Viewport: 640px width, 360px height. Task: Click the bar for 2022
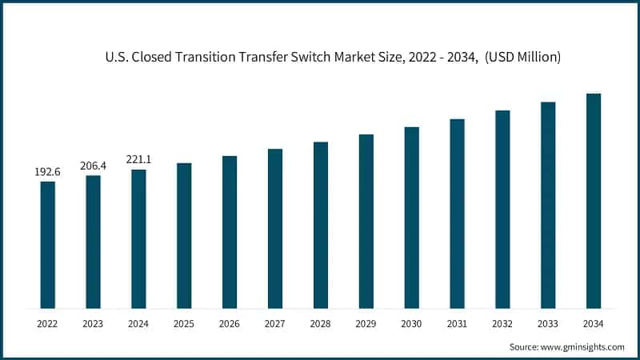[48, 245]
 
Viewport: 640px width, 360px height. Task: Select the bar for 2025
[184, 236]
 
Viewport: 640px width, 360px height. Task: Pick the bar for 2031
[457, 214]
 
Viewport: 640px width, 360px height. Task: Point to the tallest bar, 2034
[594, 201]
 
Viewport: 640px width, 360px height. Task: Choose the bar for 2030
[411, 218]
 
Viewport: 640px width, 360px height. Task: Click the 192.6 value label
[48, 172]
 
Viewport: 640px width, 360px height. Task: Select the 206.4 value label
[94, 166]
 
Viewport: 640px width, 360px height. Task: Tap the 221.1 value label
[138, 160]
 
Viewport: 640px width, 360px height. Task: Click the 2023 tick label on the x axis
[94, 323]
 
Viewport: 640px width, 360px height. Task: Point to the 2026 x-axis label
[230, 323]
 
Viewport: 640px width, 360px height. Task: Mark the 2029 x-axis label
[366, 323]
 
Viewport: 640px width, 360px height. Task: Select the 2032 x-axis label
[502, 323]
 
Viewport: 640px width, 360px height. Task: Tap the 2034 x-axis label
[594, 323]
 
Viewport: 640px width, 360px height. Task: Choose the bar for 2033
[548, 205]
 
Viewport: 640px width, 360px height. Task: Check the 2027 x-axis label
[275, 323]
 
